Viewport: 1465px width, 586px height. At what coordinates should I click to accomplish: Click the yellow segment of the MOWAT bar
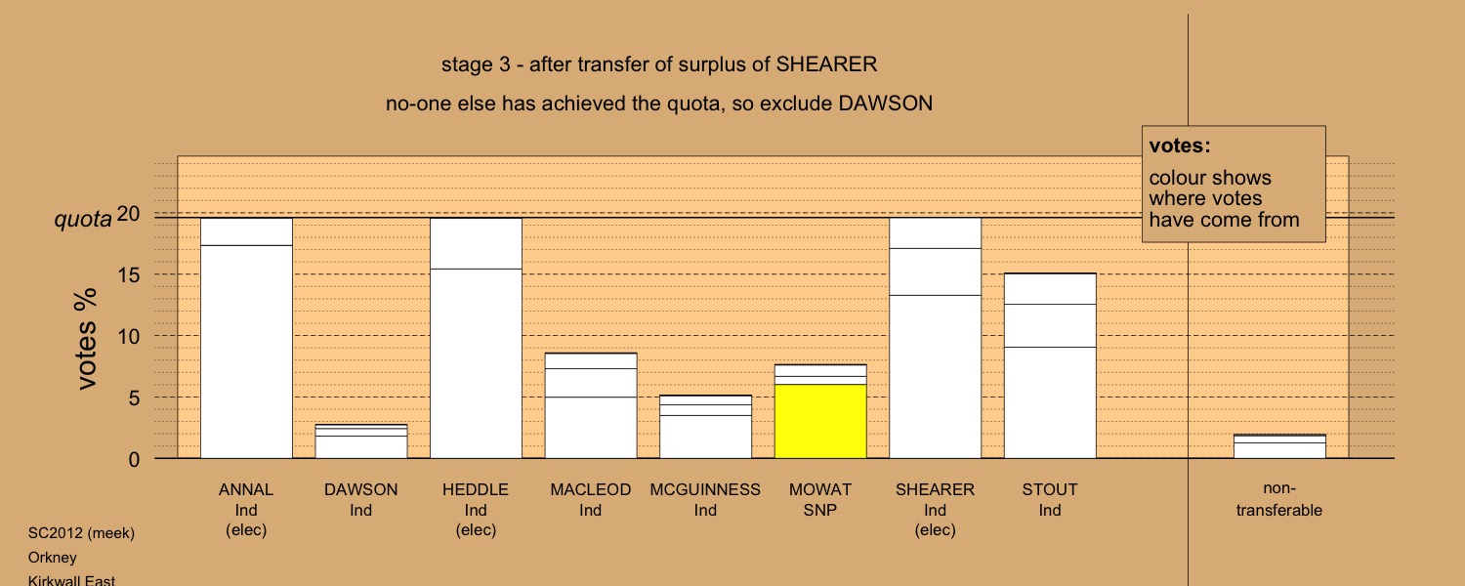(x=820, y=421)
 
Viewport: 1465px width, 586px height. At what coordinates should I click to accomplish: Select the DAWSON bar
(x=361, y=441)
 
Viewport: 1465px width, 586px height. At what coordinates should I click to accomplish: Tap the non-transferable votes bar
(x=1279, y=446)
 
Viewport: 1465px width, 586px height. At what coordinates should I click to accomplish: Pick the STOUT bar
(x=1050, y=365)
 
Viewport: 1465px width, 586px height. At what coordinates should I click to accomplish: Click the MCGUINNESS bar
(x=705, y=427)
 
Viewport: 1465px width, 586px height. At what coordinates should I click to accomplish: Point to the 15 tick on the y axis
(x=129, y=275)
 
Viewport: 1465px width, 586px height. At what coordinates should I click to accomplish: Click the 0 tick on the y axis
(x=134, y=460)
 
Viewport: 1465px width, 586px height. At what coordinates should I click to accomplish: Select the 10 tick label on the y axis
(x=129, y=337)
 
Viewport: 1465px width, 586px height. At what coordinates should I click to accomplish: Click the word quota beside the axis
(x=83, y=220)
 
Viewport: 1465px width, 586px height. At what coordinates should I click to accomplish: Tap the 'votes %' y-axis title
(x=86, y=339)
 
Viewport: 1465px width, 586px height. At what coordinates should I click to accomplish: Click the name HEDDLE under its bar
(x=476, y=490)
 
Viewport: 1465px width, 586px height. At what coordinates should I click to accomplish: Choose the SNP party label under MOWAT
(x=820, y=510)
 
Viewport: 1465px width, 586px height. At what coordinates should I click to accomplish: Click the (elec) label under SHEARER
(x=936, y=529)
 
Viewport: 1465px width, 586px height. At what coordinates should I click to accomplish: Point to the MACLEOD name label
(x=591, y=490)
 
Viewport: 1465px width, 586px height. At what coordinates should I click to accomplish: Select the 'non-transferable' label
(x=1279, y=499)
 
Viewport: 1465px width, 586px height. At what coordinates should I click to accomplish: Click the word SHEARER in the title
(x=826, y=64)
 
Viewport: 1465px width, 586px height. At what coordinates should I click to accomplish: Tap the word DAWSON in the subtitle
(x=886, y=104)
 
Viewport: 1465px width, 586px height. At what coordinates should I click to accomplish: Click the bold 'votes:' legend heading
(x=1180, y=146)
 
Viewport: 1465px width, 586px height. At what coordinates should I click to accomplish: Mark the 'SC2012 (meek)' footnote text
(x=81, y=533)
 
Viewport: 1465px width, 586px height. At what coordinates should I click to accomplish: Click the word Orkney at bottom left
(x=53, y=558)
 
